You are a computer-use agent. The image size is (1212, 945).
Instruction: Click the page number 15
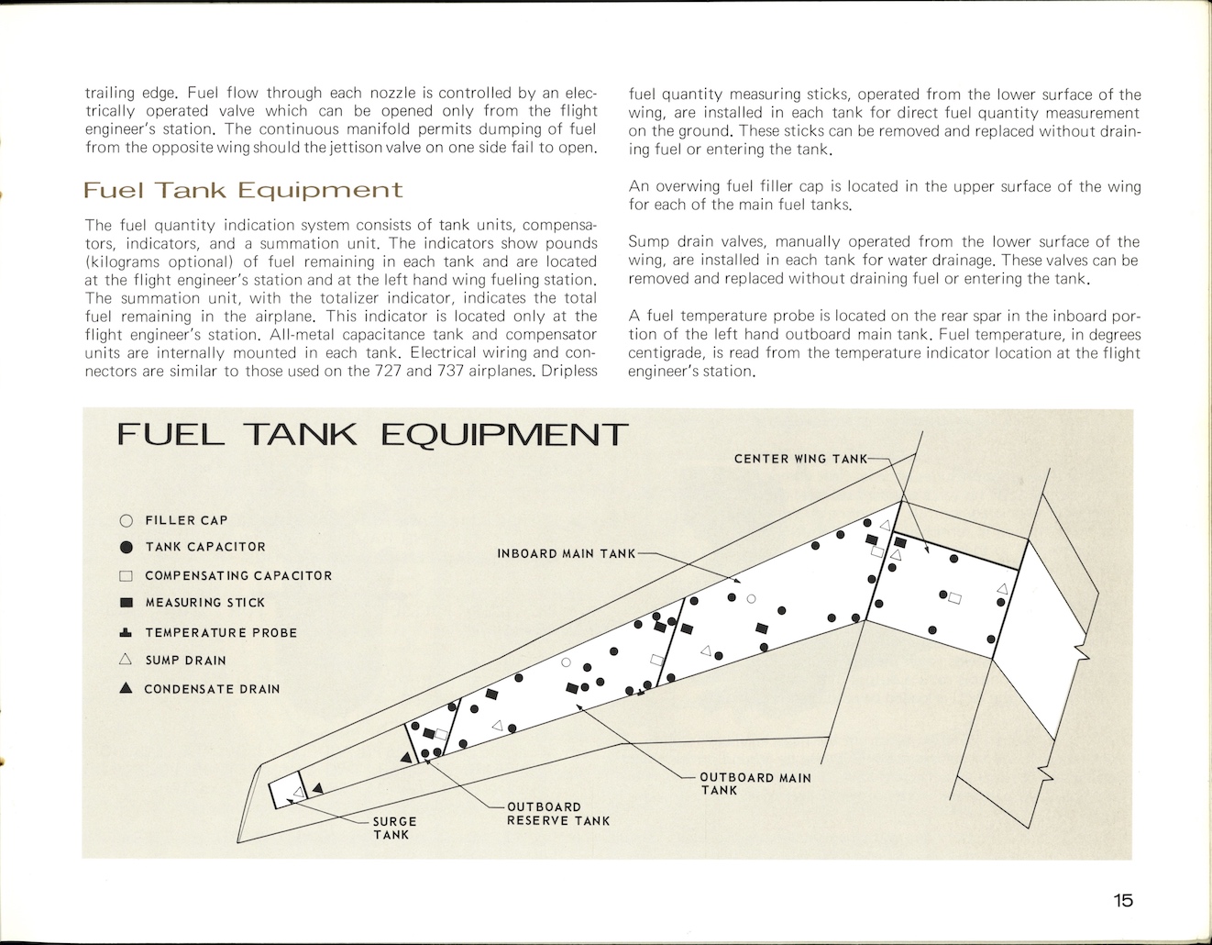(1123, 900)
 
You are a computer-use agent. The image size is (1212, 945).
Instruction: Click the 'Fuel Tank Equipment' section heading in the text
(243, 191)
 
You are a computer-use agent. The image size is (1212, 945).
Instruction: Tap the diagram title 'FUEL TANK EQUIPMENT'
(372, 434)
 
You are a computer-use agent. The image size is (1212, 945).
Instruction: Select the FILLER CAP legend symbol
(127, 521)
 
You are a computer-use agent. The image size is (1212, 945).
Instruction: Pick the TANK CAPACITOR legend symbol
(127, 548)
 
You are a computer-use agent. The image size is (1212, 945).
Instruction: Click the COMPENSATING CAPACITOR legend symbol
(127, 576)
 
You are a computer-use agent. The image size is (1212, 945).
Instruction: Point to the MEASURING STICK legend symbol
(127, 604)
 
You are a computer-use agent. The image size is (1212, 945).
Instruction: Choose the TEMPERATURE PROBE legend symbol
(127, 633)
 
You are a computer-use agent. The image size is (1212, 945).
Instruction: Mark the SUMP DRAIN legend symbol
(127, 660)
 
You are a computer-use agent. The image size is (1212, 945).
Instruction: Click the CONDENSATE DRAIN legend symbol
(127, 689)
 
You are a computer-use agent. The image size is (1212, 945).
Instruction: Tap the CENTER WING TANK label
(799, 459)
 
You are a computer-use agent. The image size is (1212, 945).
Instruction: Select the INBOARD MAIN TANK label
(566, 554)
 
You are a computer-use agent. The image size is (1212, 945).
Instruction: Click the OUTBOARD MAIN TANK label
(755, 784)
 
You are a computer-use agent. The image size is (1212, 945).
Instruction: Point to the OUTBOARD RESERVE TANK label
(557, 814)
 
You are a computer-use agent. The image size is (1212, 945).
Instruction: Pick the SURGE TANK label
(394, 828)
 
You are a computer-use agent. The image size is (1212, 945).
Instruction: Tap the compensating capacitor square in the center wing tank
(955, 598)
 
